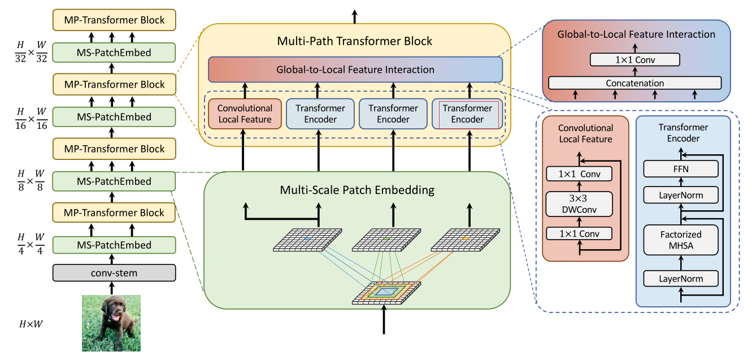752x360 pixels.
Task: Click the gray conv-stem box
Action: tap(114, 273)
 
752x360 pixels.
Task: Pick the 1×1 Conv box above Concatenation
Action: tap(634, 59)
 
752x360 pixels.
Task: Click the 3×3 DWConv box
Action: tap(579, 204)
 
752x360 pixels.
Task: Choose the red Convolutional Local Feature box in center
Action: tap(245, 114)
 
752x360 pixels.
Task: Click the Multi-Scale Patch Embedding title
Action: tap(357, 190)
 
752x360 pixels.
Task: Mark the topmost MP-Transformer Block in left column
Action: tap(114, 20)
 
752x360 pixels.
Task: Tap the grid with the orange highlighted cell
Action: tap(465, 240)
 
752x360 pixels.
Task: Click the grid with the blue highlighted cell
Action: tap(307, 240)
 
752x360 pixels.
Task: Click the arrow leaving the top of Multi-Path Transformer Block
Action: tap(355, 16)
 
